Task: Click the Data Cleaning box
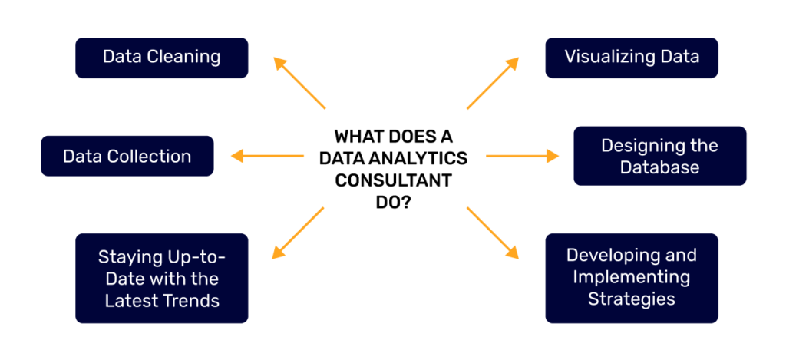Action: (161, 58)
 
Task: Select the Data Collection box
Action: (127, 156)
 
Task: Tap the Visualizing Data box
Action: (631, 58)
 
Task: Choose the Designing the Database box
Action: (659, 156)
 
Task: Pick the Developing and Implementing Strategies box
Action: (631, 277)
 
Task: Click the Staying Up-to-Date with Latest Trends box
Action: (161, 277)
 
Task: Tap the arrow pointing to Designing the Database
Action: (522, 156)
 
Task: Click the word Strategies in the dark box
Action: (631, 299)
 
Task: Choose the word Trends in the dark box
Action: (193, 299)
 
